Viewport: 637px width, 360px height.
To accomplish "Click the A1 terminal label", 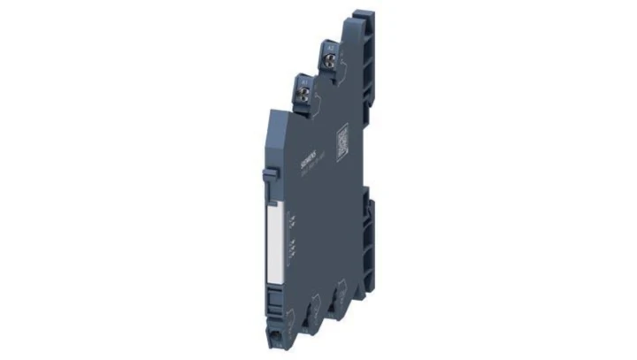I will (303, 81).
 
